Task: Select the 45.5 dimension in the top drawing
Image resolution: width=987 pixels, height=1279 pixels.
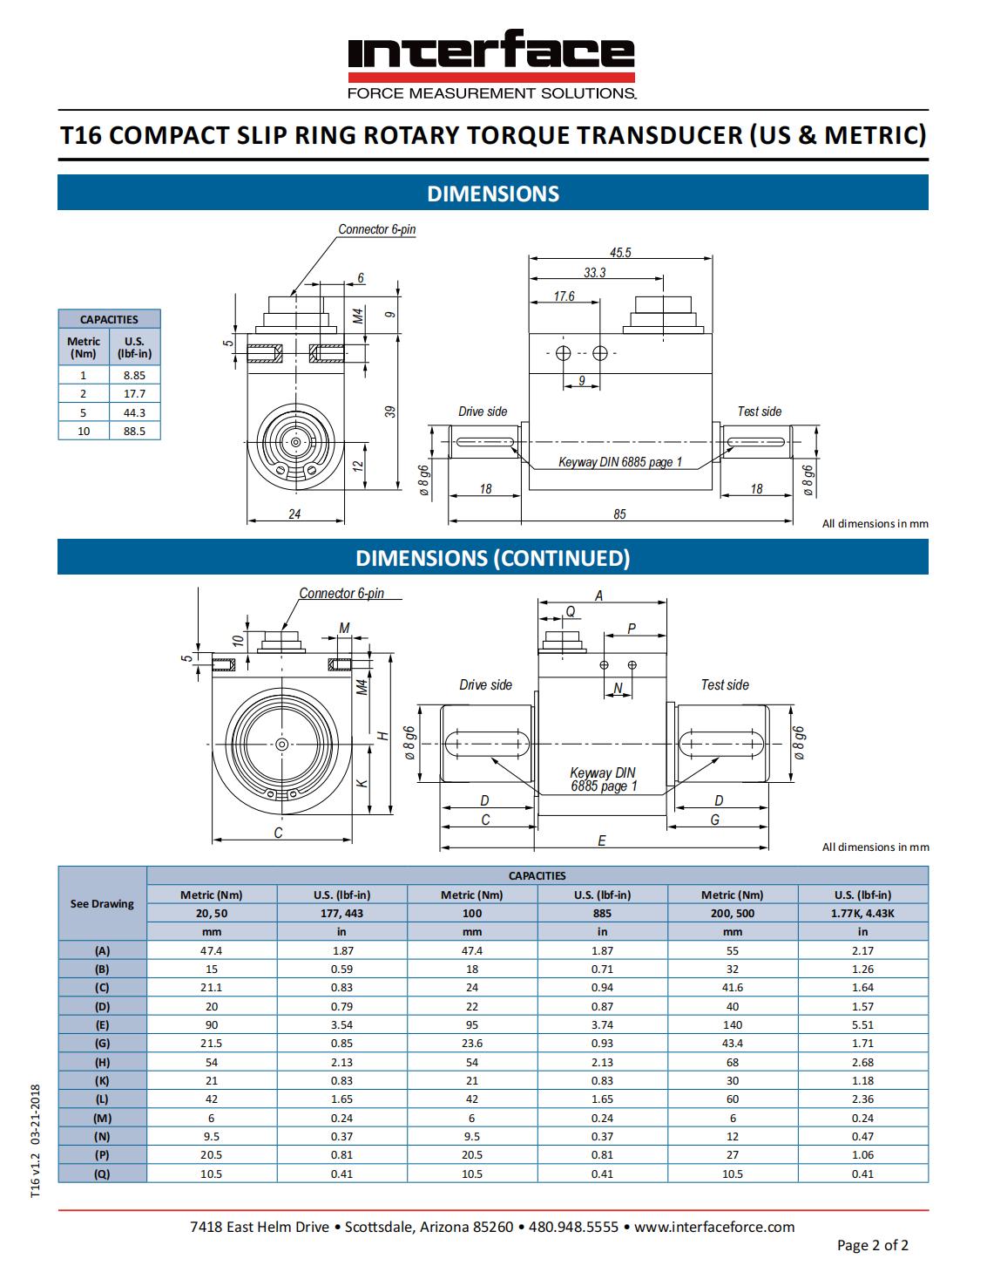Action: pos(620,253)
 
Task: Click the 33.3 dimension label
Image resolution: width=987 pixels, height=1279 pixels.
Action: pos(595,273)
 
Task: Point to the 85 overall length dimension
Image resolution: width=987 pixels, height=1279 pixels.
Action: pos(619,514)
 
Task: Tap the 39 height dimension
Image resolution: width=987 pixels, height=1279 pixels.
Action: pos(391,411)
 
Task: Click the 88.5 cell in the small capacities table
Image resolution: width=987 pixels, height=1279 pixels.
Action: pos(134,431)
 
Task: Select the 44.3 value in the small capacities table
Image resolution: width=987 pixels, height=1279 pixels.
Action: pos(134,412)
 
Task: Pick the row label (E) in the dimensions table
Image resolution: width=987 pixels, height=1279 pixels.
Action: pos(102,1025)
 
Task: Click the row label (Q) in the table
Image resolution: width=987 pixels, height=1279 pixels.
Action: pos(102,1174)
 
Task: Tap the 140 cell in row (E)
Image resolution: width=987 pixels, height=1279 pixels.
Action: pos(733,1025)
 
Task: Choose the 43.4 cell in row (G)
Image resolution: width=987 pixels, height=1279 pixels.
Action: pos(733,1044)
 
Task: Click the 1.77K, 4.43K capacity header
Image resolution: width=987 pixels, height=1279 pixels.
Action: pos(862,914)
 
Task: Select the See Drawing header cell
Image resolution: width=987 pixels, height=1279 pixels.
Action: pos(102,904)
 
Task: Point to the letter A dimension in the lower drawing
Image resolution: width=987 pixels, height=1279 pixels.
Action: pos(599,596)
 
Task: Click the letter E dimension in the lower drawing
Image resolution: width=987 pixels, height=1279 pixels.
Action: pos(602,841)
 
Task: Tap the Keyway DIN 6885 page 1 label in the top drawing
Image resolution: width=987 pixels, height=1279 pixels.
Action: pos(620,462)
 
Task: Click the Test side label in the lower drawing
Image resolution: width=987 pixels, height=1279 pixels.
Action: pos(725,685)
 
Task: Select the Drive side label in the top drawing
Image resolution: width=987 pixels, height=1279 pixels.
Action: pos(483,412)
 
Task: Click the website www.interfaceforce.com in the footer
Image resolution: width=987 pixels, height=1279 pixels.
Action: pos(714,1227)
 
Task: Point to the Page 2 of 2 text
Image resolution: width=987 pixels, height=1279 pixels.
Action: pos(872,1245)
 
